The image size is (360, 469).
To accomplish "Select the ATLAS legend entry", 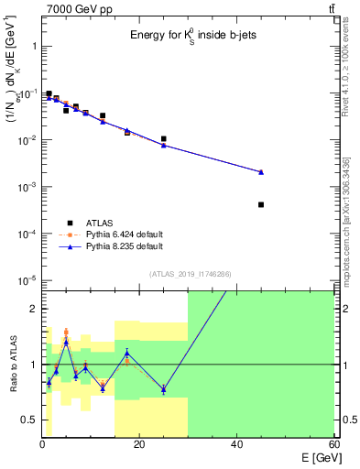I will pyautogui.click(x=71, y=223).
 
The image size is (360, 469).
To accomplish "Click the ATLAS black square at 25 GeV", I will pyautogui.click(x=163, y=139).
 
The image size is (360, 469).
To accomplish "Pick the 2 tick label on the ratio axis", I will pyautogui.click(x=34, y=309).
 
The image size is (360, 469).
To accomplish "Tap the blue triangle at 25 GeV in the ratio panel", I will pyautogui.click(x=163, y=389).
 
